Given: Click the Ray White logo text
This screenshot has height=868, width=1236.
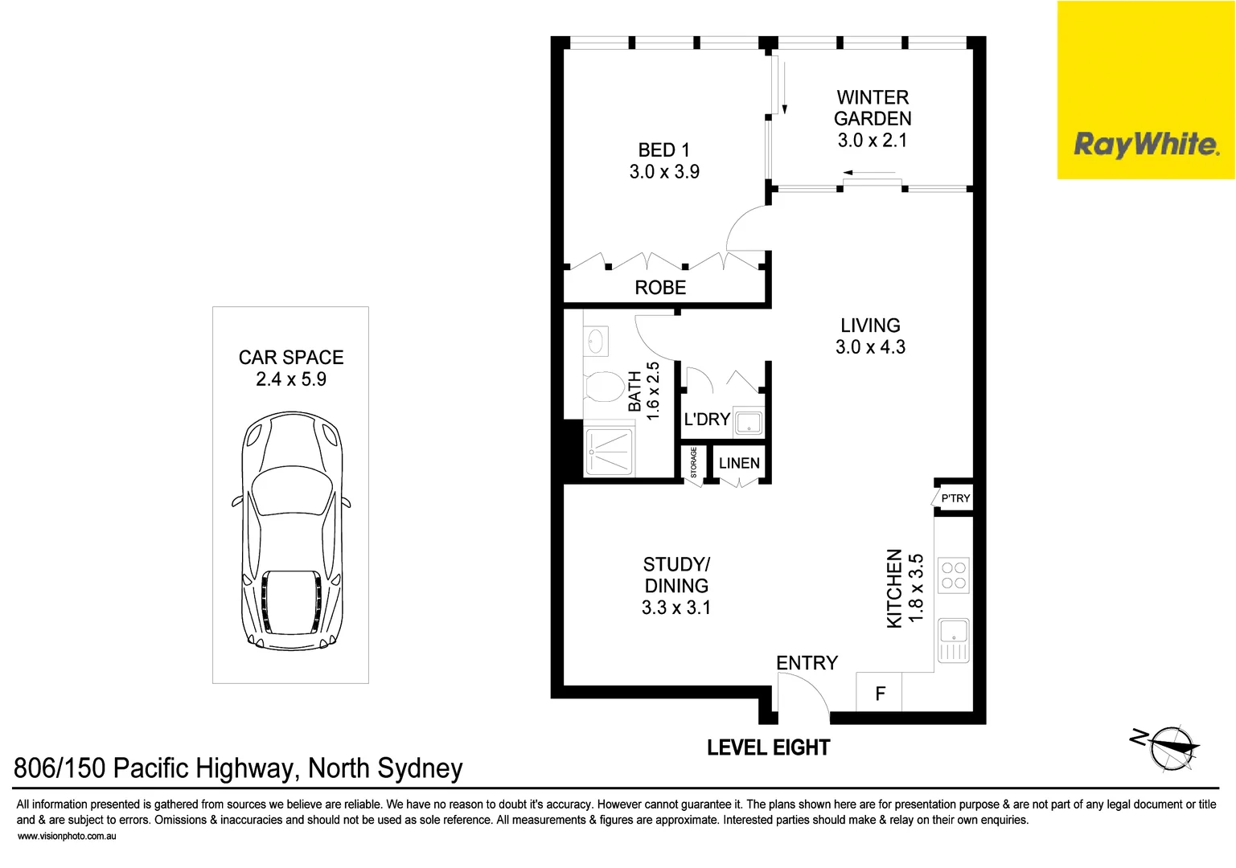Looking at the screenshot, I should click(1146, 145).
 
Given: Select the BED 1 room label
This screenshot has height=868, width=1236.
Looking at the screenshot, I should click(663, 150).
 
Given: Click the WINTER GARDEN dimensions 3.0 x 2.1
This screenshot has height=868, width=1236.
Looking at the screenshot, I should click(873, 141).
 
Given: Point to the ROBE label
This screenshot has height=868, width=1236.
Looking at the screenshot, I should click(660, 288).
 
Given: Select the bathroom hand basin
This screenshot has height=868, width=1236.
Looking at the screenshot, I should click(596, 342).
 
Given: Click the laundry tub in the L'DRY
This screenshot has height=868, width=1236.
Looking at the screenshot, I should click(748, 423).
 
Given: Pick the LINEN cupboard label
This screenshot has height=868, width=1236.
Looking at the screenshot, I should click(739, 463).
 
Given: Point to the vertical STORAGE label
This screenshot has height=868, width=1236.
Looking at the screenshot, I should click(694, 463).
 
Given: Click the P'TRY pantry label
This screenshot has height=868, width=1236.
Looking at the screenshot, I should click(955, 498).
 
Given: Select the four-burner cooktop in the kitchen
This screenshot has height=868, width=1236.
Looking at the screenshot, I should click(954, 575).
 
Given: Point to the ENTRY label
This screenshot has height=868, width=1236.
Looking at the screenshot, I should click(807, 663).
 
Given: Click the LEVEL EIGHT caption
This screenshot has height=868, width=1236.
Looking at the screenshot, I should click(768, 747).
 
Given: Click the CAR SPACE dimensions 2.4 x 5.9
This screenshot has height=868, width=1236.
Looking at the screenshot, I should click(291, 379).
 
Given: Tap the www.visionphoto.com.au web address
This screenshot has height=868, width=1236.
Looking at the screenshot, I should click(67, 837).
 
